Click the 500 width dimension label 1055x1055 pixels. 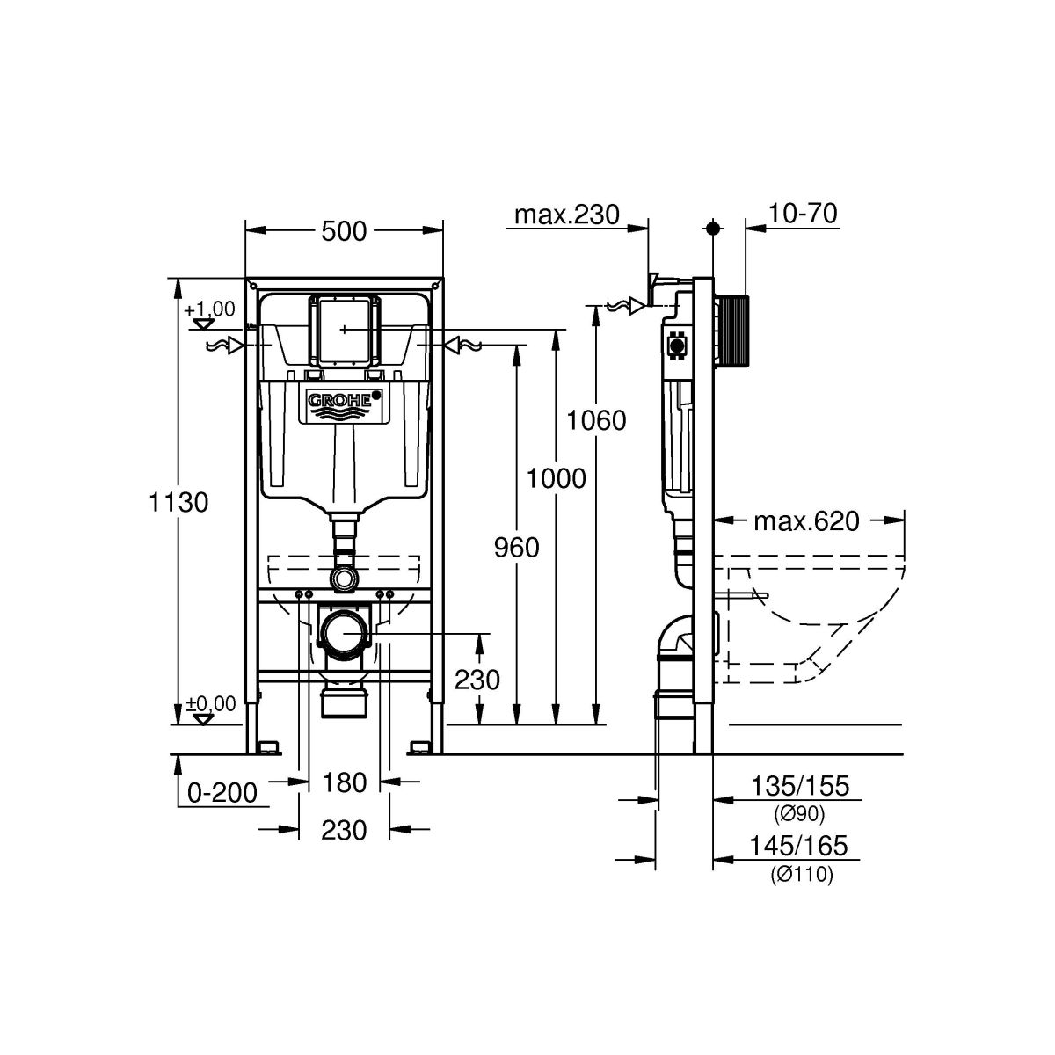pyautogui.click(x=343, y=231)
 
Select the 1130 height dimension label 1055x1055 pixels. pyautogui.click(x=178, y=501)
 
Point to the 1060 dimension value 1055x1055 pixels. pyautogui.click(x=596, y=420)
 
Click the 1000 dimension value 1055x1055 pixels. pyautogui.click(x=556, y=478)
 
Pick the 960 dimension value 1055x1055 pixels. pyautogui.click(x=516, y=547)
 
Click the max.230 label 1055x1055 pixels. pyautogui.click(x=567, y=215)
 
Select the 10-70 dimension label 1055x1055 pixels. pyautogui.click(x=803, y=213)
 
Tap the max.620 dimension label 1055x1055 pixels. pyautogui.click(x=806, y=521)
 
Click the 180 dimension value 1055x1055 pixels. pyautogui.click(x=344, y=782)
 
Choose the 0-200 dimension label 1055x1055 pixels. pyautogui.click(x=222, y=792)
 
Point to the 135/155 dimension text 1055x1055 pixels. pyautogui.click(x=800, y=786)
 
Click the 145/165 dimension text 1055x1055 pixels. pyautogui.click(x=798, y=845)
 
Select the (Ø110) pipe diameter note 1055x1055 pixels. pyautogui.click(x=802, y=874)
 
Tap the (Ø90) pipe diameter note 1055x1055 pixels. pyautogui.click(x=799, y=814)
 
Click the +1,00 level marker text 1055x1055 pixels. pyautogui.click(x=209, y=309)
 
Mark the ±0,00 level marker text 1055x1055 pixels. pyautogui.click(x=210, y=703)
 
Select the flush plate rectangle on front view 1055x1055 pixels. pyautogui.click(x=344, y=330)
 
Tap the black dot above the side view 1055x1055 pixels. pyautogui.click(x=712, y=229)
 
